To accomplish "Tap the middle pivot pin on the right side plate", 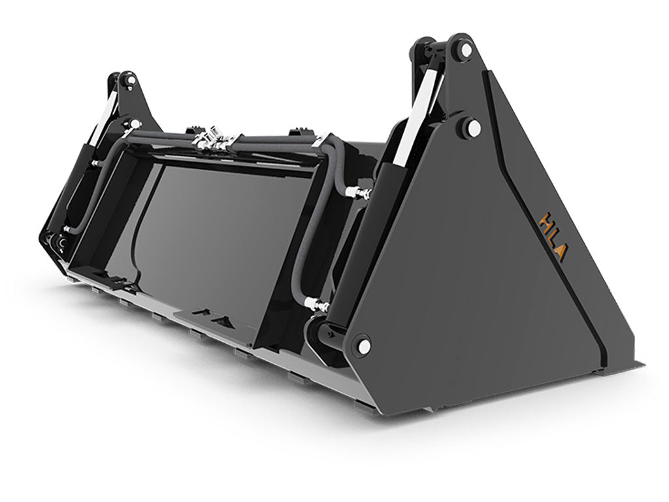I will click(472, 128).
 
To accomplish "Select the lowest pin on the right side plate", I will click(363, 344).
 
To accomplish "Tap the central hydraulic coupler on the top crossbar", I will click(216, 139).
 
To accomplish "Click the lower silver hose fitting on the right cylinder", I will click(315, 304).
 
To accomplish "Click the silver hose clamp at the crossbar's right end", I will click(320, 141).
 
